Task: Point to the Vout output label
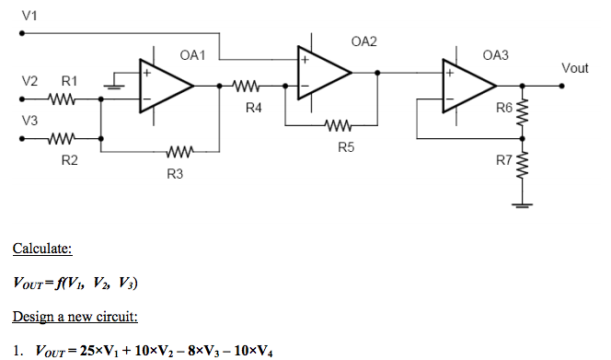tap(573, 68)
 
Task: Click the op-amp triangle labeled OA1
tap(165, 85)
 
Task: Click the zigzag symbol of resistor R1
tap(62, 98)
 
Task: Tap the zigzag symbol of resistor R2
tap(62, 141)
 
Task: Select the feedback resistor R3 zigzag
tap(180, 153)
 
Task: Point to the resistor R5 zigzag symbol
tap(337, 126)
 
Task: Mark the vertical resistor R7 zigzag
tap(523, 167)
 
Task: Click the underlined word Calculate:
tap(42, 249)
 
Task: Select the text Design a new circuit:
tap(75, 318)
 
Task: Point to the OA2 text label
tap(363, 42)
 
